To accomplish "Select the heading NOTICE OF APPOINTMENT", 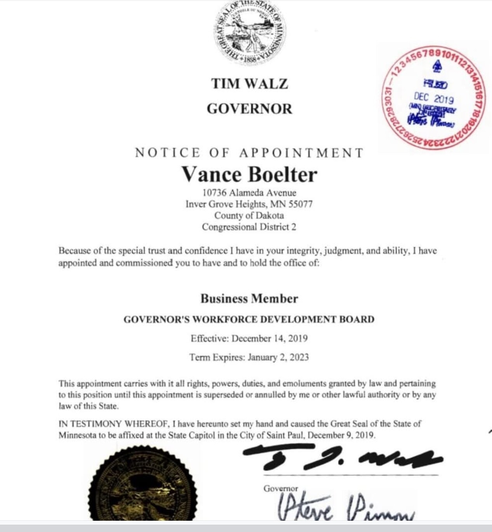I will pyautogui.click(x=249, y=153).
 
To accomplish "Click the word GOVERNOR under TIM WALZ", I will pyautogui.click(x=249, y=108).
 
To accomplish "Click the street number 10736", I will pyautogui.click(x=215, y=192).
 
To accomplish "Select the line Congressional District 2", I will pyautogui.click(x=249, y=227).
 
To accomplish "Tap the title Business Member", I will pyautogui.click(x=249, y=298).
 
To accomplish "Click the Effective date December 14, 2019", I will pyautogui.click(x=269, y=338).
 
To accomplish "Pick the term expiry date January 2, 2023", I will pyautogui.click(x=278, y=357).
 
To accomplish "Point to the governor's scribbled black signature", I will pyautogui.click(x=342, y=459).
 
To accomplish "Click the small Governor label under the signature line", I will pyautogui.click(x=280, y=488).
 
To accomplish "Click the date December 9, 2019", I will pyautogui.click(x=341, y=435).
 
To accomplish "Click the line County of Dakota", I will pyautogui.click(x=249, y=215).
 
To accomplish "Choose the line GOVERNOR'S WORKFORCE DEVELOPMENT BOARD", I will pyautogui.click(x=249, y=319).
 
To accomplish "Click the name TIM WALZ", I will pyautogui.click(x=249, y=84).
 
